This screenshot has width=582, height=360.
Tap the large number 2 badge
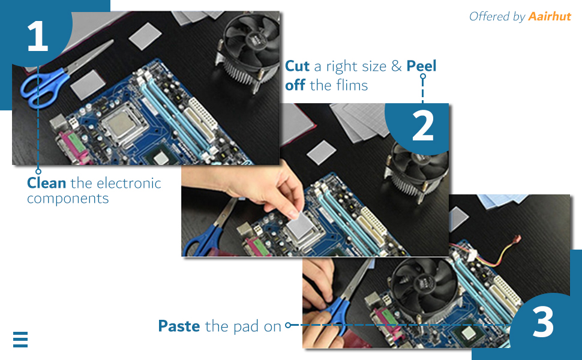point(422,127)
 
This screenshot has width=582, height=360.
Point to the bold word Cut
point(298,66)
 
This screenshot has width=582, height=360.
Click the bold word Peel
point(421,66)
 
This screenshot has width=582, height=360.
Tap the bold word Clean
point(47,183)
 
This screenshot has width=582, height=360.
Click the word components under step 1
point(68,199)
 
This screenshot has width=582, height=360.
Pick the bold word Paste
point(179,326)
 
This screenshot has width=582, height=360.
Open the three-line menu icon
point(20,340)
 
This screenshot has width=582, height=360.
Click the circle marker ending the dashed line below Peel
point(423,76)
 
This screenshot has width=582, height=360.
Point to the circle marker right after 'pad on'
point(288,325)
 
